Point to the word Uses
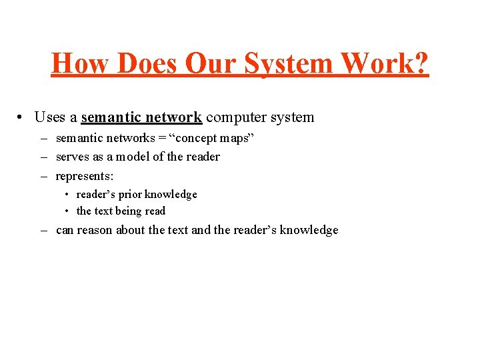point(49,117)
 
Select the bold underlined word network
point(173,117)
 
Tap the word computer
point(233,117)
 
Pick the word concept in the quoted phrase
point(196,139)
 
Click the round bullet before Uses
point(22,117)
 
